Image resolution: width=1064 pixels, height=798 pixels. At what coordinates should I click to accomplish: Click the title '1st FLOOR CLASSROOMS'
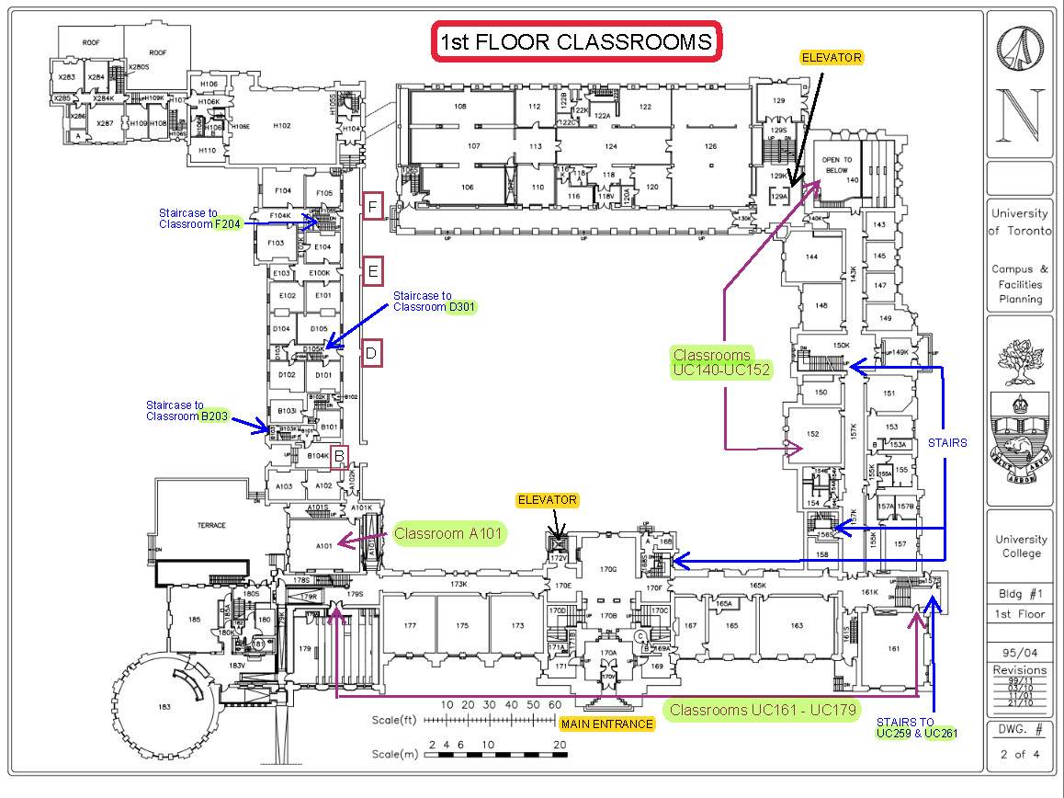point(575,42)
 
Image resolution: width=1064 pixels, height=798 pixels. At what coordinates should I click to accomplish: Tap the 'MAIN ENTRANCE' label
point(607,724)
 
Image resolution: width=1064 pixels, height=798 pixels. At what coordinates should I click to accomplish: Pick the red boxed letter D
point(372,353)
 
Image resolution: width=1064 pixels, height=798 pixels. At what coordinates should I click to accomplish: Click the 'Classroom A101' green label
point(449,533)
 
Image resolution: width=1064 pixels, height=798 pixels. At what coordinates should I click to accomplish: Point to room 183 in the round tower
point(164,705)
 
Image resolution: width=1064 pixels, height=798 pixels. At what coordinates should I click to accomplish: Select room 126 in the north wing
point(710,146)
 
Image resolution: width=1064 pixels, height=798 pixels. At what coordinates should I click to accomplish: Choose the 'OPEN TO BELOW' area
point(836,165)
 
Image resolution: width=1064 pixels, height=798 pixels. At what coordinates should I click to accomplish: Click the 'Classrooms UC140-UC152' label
point(721,362)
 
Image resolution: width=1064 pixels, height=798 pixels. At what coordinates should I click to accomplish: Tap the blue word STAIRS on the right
point(946,442)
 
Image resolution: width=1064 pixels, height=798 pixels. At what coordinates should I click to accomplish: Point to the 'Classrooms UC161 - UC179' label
point(764,710)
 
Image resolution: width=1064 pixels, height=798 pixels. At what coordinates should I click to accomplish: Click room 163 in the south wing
point(796,625)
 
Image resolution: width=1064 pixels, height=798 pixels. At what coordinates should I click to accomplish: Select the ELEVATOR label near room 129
point(832,57)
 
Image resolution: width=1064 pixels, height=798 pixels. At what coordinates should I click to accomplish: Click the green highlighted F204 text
point(226,224)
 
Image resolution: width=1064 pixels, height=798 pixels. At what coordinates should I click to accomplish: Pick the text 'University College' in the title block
point(1021,546)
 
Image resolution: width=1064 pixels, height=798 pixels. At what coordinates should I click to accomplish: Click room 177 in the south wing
point(410,625)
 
